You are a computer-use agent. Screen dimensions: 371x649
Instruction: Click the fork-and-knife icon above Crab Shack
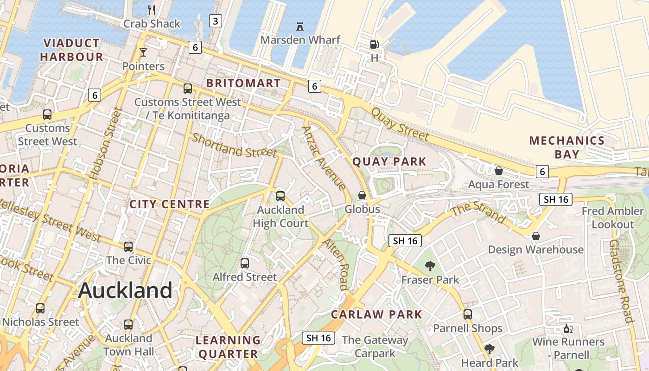pyautogui.click(x=151, y=9)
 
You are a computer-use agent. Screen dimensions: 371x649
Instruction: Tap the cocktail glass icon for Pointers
pyautogui.click(x=143, y=52)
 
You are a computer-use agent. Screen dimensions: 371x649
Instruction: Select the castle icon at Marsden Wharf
pyautogui.click(x=300, y=26)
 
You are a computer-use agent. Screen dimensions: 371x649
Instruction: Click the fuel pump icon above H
pyautogui.click(x=374, y=45)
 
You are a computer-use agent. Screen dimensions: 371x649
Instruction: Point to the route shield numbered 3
pyautogui.click(x=215, y=20)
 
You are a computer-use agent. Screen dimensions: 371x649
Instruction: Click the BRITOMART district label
pyautogui.click(x=243, y=83)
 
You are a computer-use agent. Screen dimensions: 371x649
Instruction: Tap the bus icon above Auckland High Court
pyautogui.click(x=280, y=196)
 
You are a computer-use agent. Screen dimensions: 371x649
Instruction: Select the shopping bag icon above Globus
pyautogui.click(x=362, y=195)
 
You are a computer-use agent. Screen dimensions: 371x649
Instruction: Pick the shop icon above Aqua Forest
pyautogui.click(x=499, y=171)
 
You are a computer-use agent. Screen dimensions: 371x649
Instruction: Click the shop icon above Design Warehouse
pyautogui.click(x=535, y=236)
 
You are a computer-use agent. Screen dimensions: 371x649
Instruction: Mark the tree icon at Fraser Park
pyautogui.click(x=430, y=266)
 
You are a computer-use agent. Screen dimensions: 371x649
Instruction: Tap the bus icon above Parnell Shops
pyautogui.click(x=467, y=314)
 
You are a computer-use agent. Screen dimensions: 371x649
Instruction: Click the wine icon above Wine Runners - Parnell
pyautogui.click(x=568, y=329)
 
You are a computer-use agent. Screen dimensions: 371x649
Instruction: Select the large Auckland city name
pyautogui.click(x=125, y=291)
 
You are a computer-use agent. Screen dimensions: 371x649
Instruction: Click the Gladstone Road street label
pyautogui.click(x=621, y=281)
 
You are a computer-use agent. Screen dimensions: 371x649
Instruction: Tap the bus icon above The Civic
pyautogui.click(x=128, y=247)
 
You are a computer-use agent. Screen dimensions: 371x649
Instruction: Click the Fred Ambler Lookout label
pyautogui.click(x=612, y=217)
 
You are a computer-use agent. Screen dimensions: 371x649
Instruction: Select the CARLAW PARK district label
pyautogui.click(x=376, y=314)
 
